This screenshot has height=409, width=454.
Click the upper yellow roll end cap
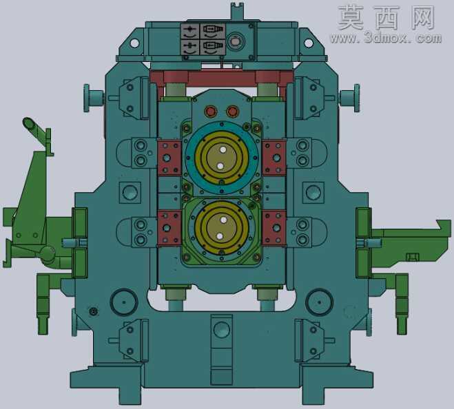[222, 158]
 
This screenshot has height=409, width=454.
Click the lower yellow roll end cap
[222, 228]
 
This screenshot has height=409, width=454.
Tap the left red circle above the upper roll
[210, 111]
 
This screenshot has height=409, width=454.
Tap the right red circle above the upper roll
[232, 111]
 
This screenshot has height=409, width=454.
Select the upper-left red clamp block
[169, 158]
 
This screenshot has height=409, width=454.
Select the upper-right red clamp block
[274, 158]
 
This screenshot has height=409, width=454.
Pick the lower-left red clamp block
[169, 228]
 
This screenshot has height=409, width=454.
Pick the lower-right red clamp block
[274, 228]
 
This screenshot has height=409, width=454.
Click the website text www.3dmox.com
[386, 38]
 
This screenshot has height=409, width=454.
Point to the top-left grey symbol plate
[190, 32]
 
